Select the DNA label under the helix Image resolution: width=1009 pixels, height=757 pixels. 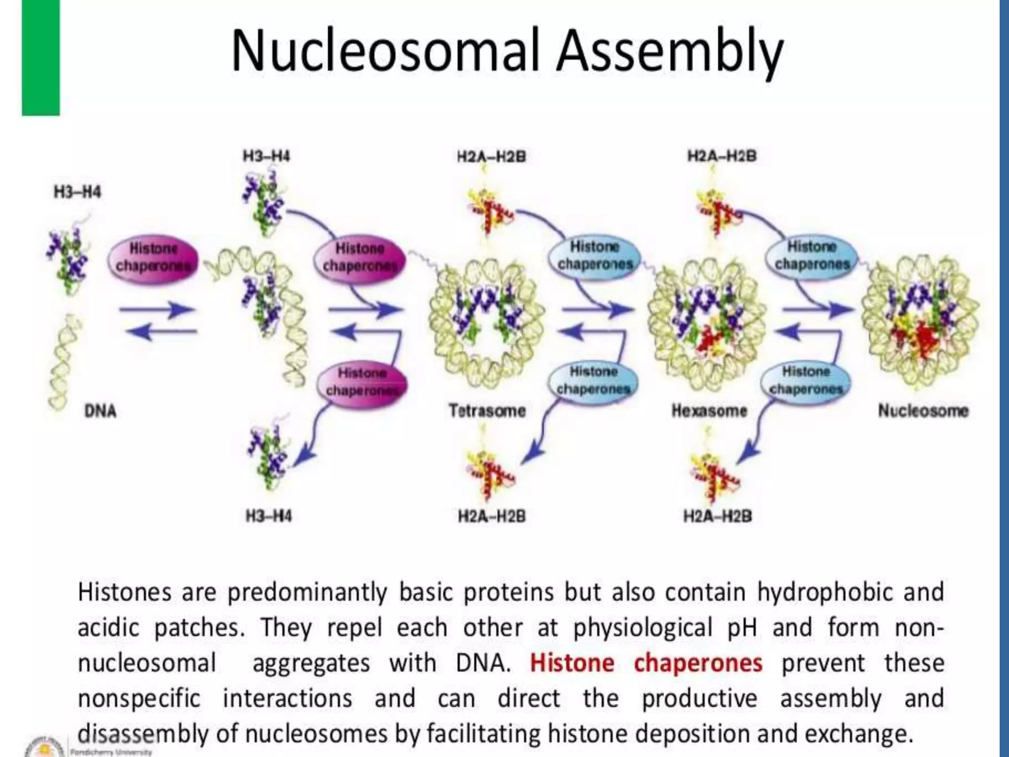pos(101,411)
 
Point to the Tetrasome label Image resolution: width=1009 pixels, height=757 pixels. pos(487,411)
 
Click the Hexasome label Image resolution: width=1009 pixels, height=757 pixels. pos(709,411)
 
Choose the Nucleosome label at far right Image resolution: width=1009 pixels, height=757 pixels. pos(923,411)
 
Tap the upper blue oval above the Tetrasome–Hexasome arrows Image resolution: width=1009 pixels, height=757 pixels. pos(594,255)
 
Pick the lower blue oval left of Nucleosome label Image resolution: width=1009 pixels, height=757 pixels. pos(806,380)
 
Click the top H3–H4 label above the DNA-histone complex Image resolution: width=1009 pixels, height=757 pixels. pos(266,157)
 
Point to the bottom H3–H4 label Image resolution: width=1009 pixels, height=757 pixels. pos(269,516)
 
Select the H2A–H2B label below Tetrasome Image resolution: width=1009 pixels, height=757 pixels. pos(492,516)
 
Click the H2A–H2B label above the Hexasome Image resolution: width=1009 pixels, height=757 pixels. pos(722,157)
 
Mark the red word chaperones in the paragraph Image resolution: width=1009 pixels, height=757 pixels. pos(698,663)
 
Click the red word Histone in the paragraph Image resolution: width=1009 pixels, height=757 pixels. pos(572,663)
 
